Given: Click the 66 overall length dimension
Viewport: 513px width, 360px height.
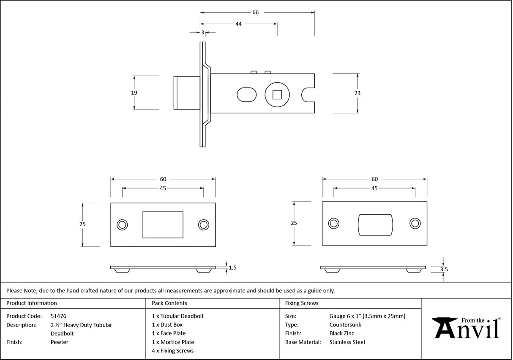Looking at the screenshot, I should [255, 13].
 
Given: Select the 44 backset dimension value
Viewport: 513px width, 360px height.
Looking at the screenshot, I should [238, 24].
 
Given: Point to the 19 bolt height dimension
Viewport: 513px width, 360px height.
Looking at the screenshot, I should [134, 93].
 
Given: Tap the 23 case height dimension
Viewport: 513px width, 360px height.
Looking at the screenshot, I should [358, 93].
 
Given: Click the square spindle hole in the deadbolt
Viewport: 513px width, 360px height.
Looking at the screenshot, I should [277, 94].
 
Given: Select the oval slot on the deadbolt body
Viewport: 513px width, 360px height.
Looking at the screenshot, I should [246, 94].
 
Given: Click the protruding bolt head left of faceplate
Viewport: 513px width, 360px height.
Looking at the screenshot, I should [186, 93].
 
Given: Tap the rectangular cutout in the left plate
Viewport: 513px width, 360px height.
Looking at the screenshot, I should [163, 225].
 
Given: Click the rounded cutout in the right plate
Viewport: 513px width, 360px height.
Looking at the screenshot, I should [375, 224].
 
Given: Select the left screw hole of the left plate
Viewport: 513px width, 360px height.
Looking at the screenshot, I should [122, 224].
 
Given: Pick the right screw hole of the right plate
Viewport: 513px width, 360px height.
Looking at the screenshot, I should [415, 224].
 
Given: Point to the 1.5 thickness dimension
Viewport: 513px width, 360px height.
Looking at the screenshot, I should [232, 267].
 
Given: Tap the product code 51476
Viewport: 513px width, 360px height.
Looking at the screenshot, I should [58, 316].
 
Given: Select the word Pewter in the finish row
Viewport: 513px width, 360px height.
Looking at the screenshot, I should [59, 342].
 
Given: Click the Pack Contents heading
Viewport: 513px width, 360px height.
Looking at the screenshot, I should [169, 303].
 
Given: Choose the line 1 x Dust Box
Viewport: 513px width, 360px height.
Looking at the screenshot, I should [167, 325].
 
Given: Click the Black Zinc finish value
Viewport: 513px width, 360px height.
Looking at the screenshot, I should [341, 333].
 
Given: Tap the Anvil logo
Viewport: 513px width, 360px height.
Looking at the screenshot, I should [467, 328].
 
